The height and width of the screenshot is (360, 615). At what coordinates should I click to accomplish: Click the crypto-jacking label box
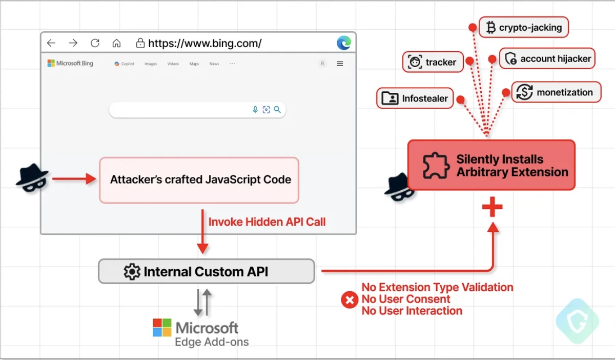[x=524, y=28]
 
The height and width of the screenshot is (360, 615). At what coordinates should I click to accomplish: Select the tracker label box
[x=433, y=62]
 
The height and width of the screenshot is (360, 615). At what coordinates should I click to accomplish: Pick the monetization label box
[x=556, y=92]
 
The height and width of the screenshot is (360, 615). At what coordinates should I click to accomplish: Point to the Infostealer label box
[x=415, y=98]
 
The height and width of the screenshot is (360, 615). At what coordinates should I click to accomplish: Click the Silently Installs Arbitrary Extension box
[x=491, y=165]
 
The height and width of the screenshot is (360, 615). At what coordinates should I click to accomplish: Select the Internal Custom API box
[x=206, y=271]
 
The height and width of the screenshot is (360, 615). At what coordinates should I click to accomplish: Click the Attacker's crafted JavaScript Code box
[x=199, y=180]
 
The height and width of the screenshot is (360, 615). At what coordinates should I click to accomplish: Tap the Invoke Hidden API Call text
[x=266, y=222]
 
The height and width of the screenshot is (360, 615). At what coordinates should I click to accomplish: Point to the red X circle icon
[x=350, y=300]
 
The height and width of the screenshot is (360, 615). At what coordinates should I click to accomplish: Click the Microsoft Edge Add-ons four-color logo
[x=162, y=328]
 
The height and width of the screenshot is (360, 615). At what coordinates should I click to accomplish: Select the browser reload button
[x=95, y=43]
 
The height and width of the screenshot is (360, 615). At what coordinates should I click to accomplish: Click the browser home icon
[x=117, y=43]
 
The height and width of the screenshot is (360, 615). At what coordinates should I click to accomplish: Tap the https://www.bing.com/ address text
[x=204, y=43]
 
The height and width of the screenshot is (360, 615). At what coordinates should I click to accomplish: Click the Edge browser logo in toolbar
[x=344, y=43]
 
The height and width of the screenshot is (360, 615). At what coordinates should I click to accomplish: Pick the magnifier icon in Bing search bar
[x=277, y=110]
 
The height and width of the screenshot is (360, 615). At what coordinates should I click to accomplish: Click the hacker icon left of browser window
[x=32, y=179]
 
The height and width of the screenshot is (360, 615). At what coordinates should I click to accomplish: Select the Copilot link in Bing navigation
[x=125, y=64]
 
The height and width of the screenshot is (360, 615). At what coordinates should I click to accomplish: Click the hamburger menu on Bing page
[x=340, y=64]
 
